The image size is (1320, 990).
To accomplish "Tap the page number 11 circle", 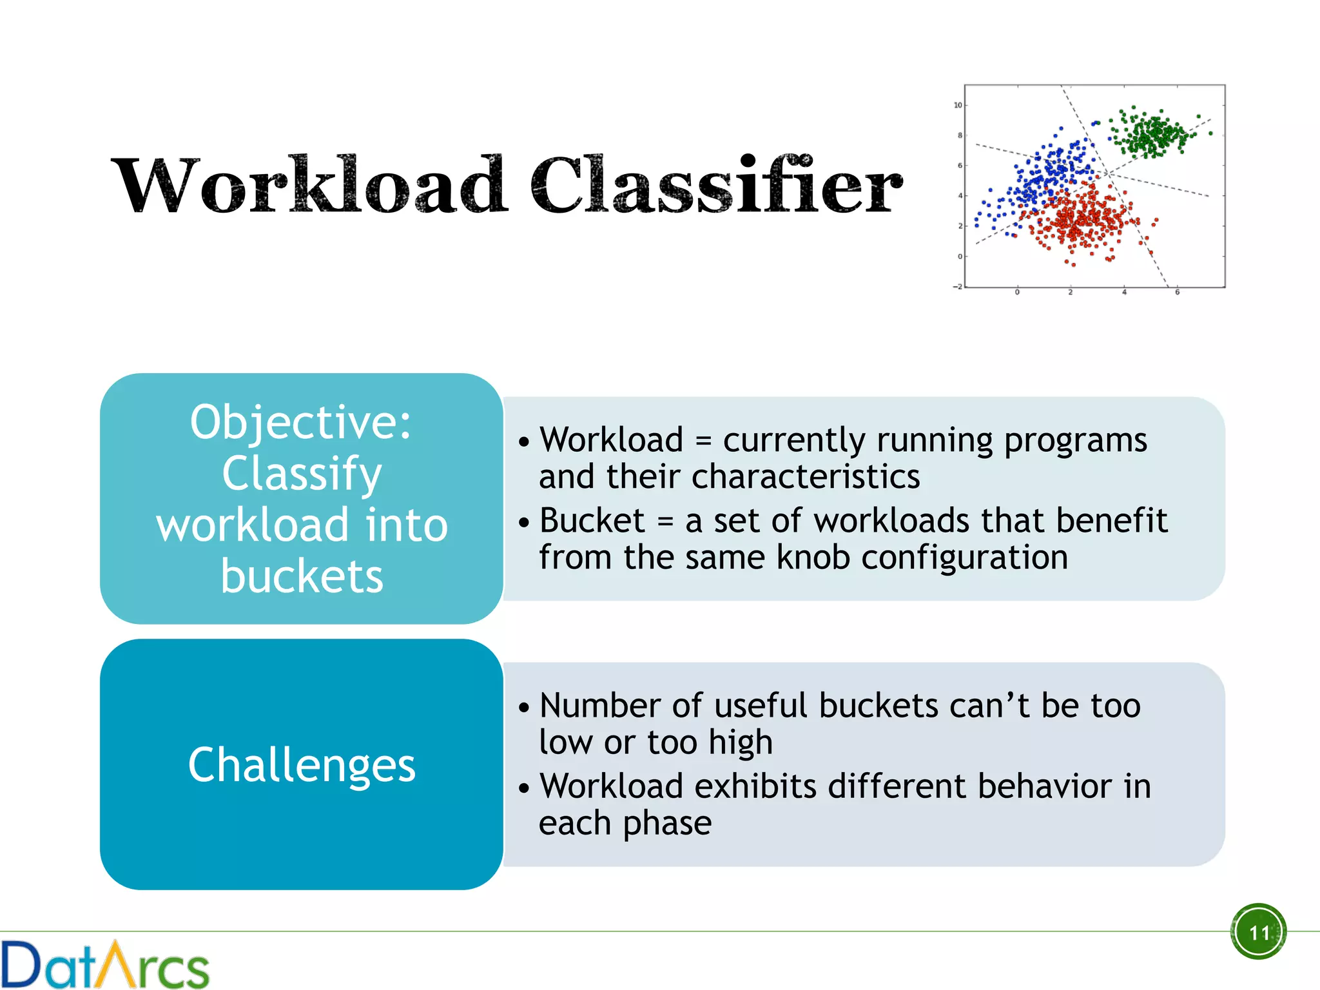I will click(x=1258, y=931).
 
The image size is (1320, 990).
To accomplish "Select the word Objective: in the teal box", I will click(x=301, y=422).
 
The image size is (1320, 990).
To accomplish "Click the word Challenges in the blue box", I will click(x=302, y=765).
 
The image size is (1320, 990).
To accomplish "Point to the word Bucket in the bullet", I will click(x=592, y=520).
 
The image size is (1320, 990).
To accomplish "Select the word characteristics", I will click(x=806, y=477).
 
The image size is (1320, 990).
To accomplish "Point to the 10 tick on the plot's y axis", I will click(x=958, y=105).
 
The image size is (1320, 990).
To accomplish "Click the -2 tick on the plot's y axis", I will click(x=958, y=286).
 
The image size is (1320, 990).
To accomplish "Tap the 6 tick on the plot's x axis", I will click(x=1177, y=293).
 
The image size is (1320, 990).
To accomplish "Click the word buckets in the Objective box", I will click(x=302, y=576).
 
